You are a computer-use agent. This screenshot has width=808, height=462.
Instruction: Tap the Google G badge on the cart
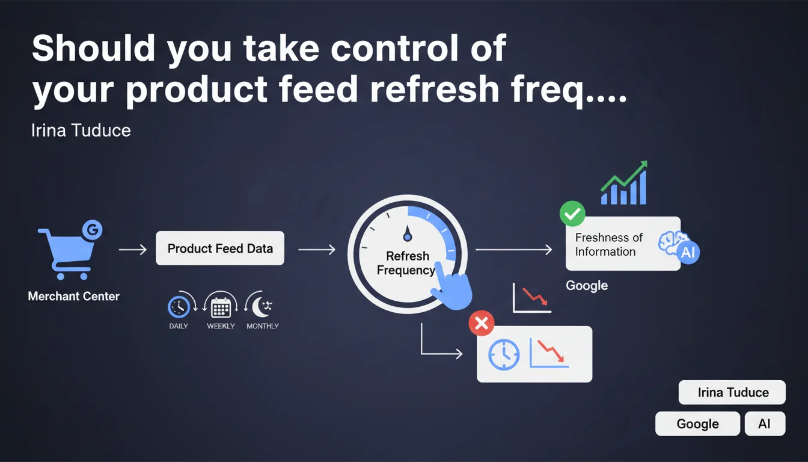93,230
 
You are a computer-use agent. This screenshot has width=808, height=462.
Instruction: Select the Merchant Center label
73,297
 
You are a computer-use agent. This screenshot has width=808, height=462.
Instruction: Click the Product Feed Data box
220,248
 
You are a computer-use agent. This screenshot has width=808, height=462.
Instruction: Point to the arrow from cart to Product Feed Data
133,250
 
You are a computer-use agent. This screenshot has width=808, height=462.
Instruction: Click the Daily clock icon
179,307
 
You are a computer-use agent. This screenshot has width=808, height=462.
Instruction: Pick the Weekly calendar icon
221,308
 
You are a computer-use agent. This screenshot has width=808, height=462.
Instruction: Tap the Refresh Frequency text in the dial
406,263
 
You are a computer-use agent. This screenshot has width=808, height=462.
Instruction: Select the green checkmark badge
572,214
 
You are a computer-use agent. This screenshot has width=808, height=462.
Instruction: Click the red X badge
482,323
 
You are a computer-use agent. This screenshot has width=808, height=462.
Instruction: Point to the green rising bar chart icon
623,183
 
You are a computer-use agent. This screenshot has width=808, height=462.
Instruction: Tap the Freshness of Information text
609,244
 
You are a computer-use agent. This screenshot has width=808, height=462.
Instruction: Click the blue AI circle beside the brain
688,252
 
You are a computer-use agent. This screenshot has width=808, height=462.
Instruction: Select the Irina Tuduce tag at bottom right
732,392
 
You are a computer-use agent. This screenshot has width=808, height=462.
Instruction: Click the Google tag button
697,423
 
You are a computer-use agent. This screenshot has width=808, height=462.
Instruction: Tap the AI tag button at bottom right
765,423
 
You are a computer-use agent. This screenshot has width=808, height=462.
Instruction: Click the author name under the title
81,131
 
